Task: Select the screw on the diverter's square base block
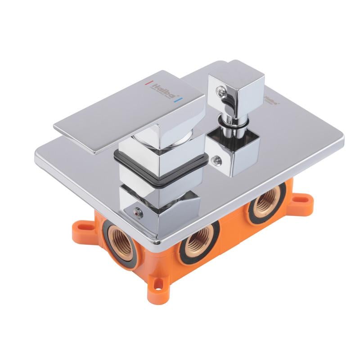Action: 217,158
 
